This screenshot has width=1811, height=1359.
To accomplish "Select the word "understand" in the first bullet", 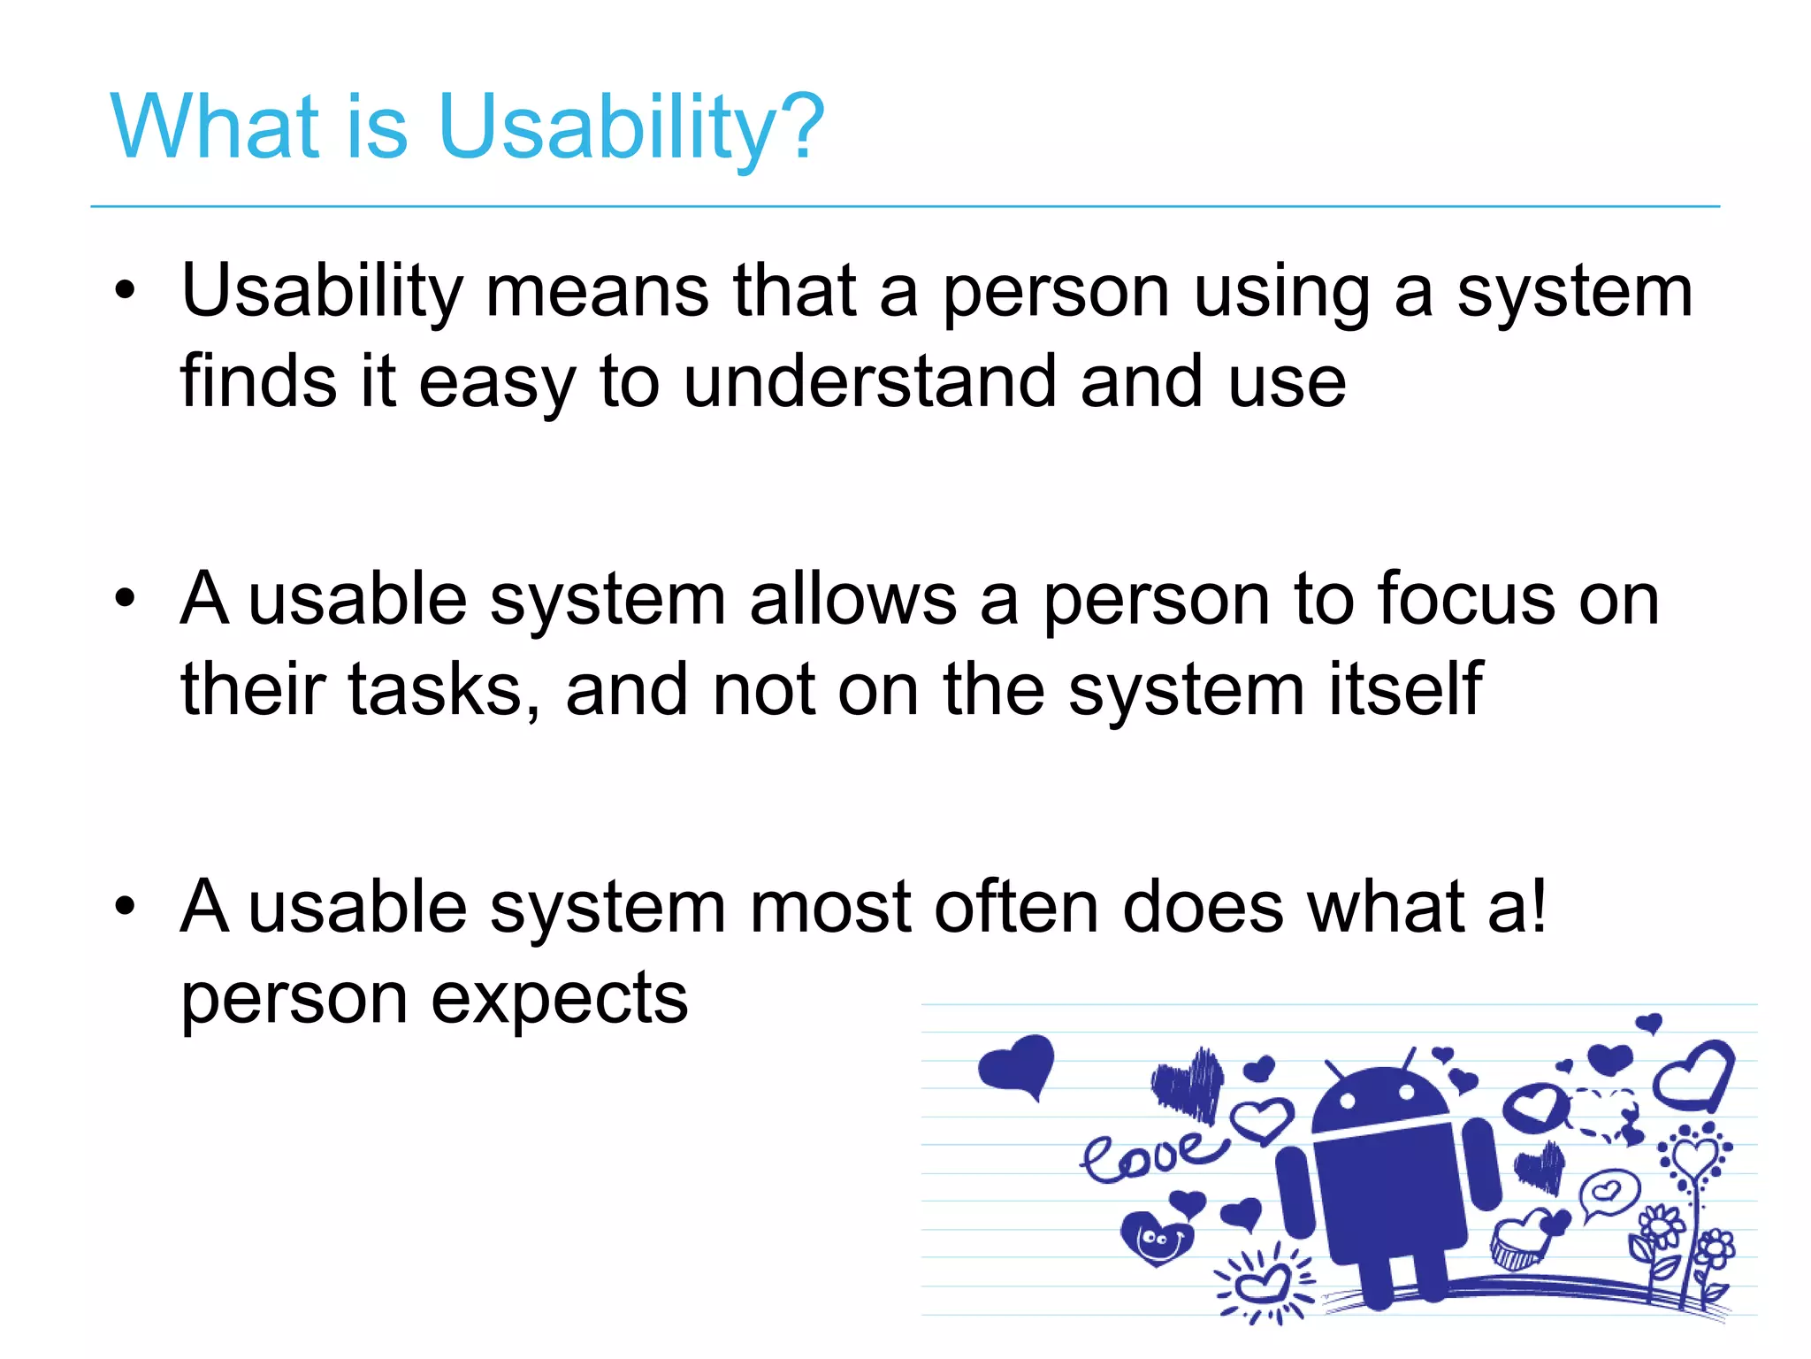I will [869, 381].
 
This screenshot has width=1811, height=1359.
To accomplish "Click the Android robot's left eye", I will [1348, 1102].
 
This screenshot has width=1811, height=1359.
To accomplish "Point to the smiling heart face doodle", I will [1156, 1240].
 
